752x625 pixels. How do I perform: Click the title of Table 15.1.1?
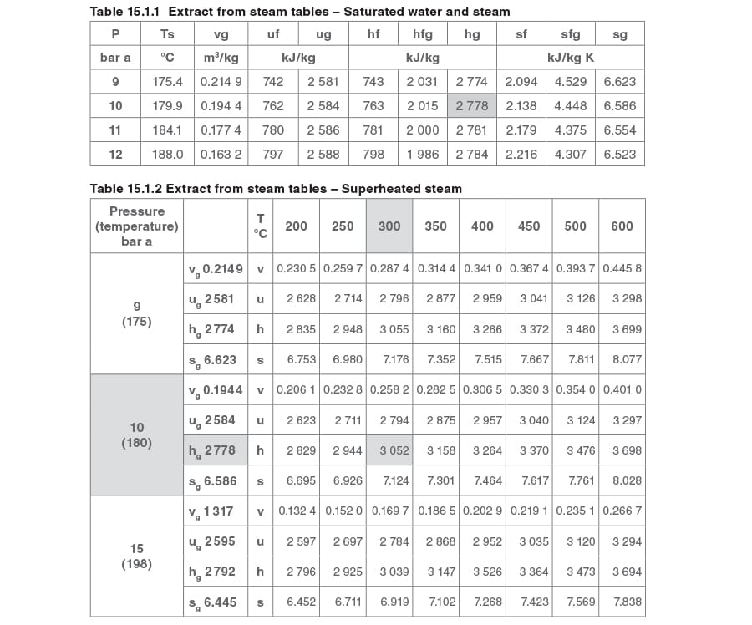300,12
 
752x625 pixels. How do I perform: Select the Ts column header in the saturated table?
167,34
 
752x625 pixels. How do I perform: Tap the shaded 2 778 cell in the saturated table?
472,106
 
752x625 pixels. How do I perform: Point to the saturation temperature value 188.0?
167,154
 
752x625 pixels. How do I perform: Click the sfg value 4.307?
571,154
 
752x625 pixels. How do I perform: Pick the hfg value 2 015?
422,106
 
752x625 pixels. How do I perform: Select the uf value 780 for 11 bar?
273,130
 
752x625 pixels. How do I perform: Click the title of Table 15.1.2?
276,189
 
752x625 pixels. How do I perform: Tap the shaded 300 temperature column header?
389,226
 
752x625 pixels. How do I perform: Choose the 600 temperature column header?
622,226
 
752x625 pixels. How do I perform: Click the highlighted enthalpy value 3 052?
394,450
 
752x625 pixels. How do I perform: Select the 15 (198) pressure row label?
136,556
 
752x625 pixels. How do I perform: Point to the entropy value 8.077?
628,360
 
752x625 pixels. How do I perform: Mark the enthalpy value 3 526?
488,572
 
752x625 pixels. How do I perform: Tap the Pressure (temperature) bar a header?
136,226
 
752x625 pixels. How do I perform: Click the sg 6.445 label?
216,602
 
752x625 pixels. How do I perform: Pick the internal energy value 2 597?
301,541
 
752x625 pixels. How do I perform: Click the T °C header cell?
261,226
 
